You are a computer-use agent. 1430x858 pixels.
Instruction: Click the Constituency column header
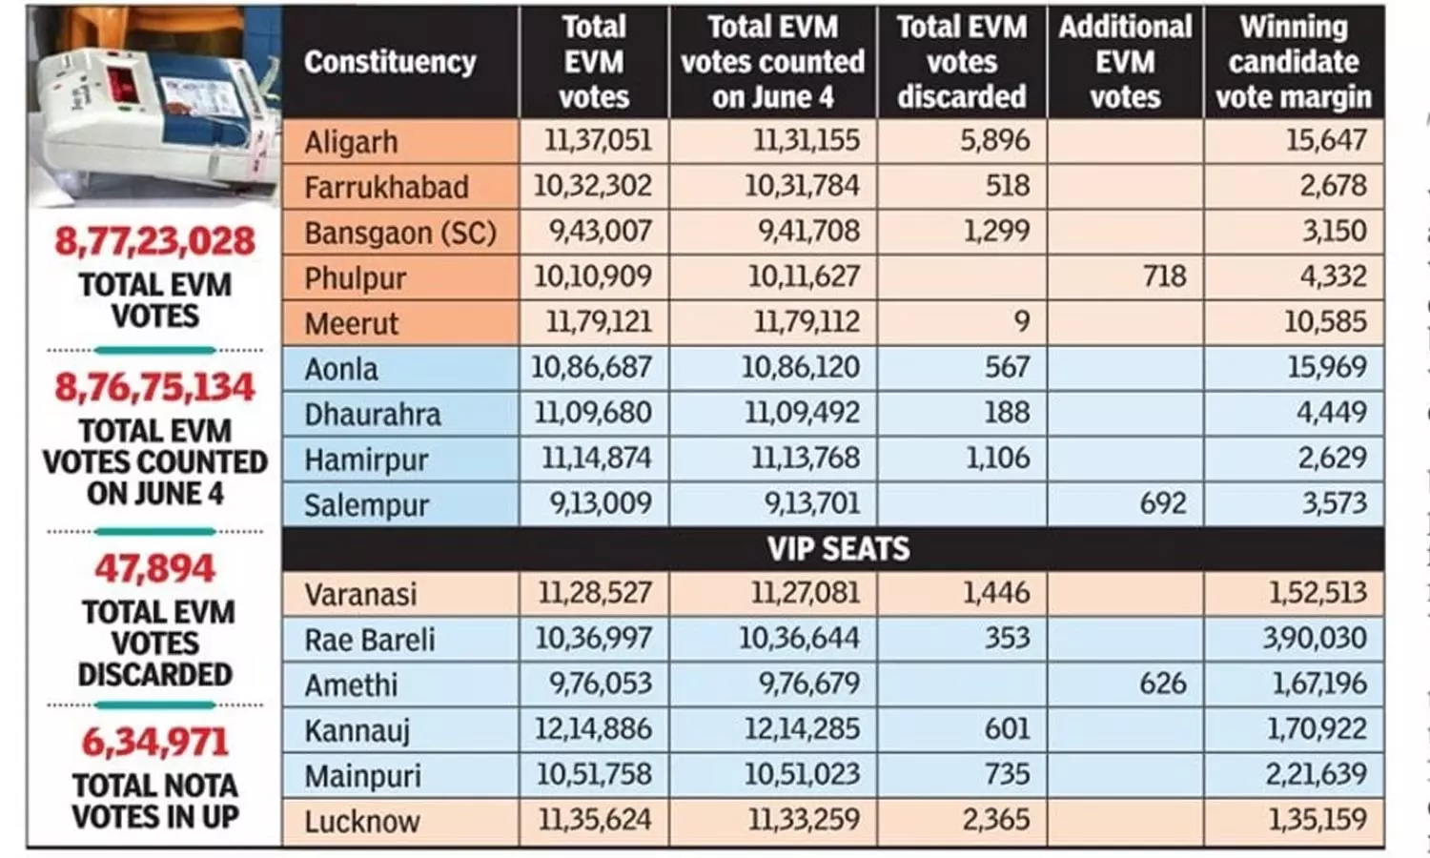(x=390, y=62)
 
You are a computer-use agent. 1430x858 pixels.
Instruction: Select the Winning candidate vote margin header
(x=1293, y=62)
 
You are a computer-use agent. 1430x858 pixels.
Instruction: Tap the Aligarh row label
(x=351, y=142)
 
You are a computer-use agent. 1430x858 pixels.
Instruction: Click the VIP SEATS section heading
(x=838, y=549)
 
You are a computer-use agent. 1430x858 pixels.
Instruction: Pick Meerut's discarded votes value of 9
(x=1021, y=322)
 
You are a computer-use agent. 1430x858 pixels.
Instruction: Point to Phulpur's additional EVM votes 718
(x=1163, y=276)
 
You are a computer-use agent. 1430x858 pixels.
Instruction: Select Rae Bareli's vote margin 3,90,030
(x=1315, y=638)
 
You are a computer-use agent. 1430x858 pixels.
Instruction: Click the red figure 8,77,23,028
(x=154, y=241)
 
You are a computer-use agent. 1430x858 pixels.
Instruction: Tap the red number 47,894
(x=154, y=569)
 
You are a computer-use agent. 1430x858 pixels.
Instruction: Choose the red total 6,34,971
(x=154, y=742)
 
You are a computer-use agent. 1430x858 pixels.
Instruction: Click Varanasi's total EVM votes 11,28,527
(x=595, y=593)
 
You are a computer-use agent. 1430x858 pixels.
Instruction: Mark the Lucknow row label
(x=361, y=821)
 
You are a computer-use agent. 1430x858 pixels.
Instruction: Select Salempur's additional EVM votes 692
(x=1163, y=503)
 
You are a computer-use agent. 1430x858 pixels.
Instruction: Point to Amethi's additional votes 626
(x=1163, y=684)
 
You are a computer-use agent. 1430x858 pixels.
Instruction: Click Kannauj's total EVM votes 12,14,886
(x=593, y=729)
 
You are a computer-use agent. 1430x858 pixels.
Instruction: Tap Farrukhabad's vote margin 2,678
(x=1333, y=186)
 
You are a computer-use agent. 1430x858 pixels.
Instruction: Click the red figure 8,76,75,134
(x=154, y=387)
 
